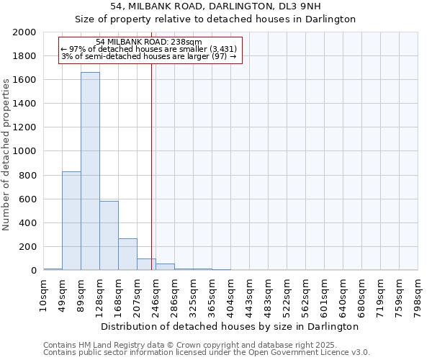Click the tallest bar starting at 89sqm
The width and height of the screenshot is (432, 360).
(90, 171)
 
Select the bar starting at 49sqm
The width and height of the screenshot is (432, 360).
(71, 221)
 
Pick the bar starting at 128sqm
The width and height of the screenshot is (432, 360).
(109, 235)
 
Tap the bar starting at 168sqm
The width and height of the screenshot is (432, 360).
(127, 254)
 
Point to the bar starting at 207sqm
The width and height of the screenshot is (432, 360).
(146, 264)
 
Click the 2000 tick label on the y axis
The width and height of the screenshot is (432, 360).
(25, 32)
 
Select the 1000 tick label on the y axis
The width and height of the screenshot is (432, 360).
(25, 151)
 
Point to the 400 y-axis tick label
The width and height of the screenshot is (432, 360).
(28, 223)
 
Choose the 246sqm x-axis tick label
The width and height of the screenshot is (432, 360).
(156, 294)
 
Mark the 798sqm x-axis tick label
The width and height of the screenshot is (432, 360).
(418, 294)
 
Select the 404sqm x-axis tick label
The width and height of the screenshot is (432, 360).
(231, 294)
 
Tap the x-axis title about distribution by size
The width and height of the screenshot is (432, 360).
(230, 327)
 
